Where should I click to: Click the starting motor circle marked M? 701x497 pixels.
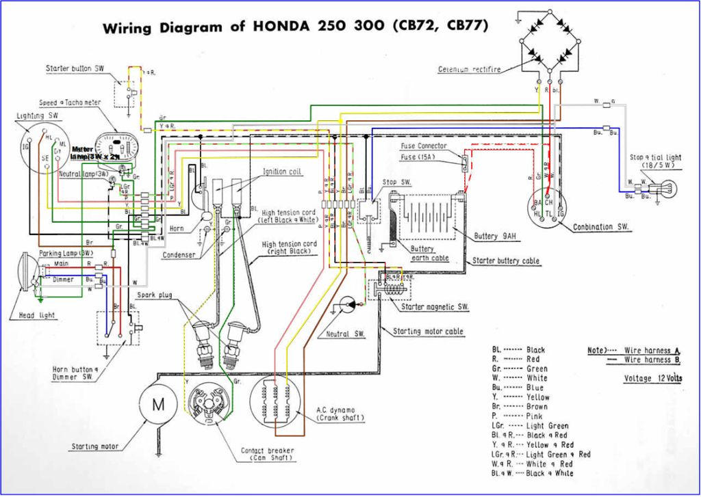tap(158, 403)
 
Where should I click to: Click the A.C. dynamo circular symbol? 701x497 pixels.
tap(277, 403)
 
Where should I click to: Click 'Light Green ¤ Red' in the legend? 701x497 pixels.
tap(558, 454)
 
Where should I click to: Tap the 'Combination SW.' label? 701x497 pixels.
tap(602, 227)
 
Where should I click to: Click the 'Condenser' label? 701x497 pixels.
tap(179, 256)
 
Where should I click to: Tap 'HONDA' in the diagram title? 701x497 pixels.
tap(283, 27)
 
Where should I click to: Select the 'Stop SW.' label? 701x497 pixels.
tap(396, 183)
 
